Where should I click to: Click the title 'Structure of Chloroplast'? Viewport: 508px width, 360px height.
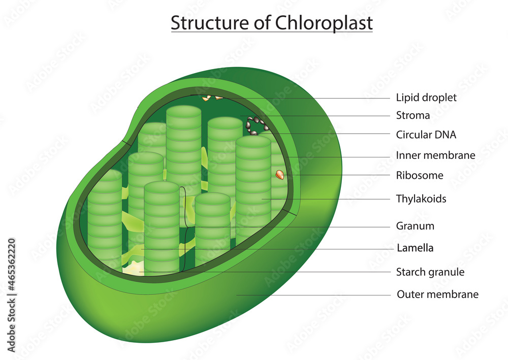pos(271,23)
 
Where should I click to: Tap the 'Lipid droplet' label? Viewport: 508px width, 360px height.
pos(426,97)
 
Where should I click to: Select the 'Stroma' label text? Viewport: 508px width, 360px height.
pos(412,115)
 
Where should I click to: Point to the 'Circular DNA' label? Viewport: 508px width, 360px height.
pos(426,135)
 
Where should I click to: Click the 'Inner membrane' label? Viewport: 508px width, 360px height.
pos(435,155)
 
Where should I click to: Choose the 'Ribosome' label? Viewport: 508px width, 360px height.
pos(419,176)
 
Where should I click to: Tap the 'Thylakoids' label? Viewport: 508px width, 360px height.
pos(421,199)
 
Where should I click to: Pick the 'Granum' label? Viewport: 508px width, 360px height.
pos(415,226)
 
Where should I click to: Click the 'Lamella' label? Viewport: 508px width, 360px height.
pos(415,248)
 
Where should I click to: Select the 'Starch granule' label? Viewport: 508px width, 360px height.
pos(430,272)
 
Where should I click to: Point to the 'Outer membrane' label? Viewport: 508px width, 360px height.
pos(437,294)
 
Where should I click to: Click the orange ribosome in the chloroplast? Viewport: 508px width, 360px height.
pos(279,175)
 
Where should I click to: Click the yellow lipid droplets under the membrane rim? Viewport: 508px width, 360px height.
pos(211,97)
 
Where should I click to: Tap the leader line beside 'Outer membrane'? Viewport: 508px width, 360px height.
pos(315,294)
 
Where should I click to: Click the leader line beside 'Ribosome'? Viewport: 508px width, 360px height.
pos(335,176)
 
